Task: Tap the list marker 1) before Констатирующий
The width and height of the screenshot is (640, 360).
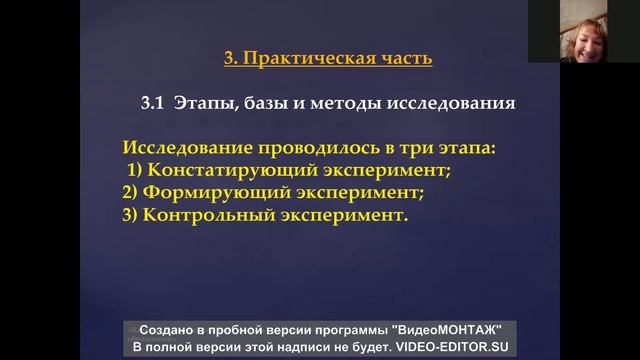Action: click(134, 170)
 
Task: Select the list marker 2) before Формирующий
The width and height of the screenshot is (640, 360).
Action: click(131, 192)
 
